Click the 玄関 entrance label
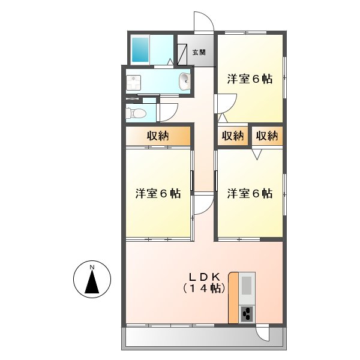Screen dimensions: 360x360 point(199,52)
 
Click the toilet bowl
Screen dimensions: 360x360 point(136,112)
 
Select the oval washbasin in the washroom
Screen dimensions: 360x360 point(184,81)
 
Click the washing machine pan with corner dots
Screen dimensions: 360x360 point(133,82)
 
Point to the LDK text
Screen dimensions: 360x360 point(206,277)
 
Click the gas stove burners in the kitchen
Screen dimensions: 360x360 point(247,313)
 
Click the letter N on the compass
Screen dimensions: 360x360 point(92,266)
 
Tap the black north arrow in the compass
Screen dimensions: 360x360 point(92,282)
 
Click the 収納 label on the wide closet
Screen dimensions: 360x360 point(158,136)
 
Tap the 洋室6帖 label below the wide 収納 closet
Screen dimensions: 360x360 point(158,194)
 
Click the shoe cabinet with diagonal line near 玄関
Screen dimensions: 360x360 point(183,52)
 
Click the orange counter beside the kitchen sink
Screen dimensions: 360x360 point(233,298)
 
